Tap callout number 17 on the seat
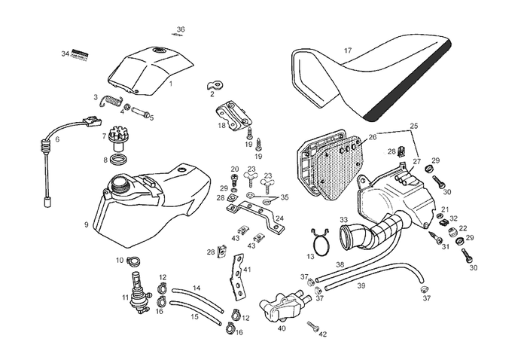pos(348,50)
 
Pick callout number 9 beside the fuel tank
pos(86,224)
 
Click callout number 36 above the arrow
pos(181,29)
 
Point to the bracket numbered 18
pos(230,118)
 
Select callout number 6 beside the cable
pos(57,139)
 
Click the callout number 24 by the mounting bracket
pos(279,219)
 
